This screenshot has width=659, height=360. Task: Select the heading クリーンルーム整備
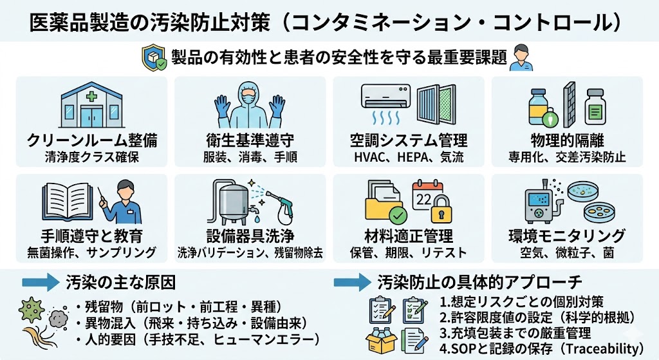click(x=93, y=141)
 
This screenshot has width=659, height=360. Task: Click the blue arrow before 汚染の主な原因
click(x=41, y=283)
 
